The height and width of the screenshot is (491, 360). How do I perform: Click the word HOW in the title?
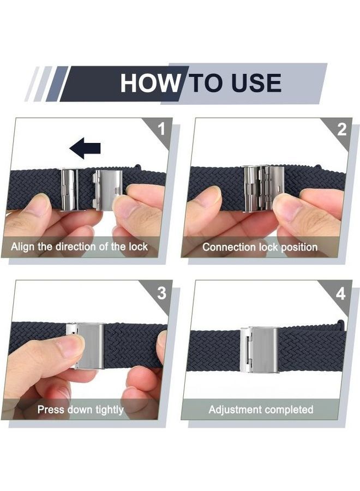[150, 83]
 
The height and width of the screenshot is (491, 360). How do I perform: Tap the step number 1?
[161, 129]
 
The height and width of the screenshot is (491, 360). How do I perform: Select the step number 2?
[342, 129]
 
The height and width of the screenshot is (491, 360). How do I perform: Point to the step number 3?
[161, 293]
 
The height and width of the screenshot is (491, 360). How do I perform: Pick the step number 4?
[340, 294]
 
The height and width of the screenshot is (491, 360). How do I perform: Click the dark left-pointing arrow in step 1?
[85, 148]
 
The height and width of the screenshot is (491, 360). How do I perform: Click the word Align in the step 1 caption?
[22, 247]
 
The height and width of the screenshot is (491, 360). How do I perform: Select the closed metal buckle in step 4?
[259, 350]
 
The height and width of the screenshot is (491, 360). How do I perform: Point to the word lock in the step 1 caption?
[138, 247]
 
